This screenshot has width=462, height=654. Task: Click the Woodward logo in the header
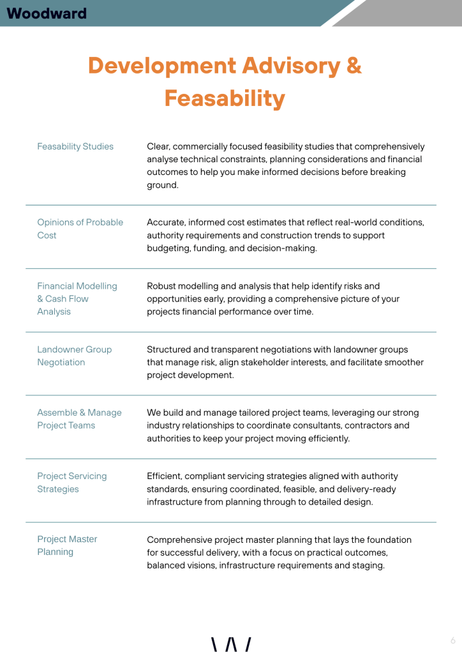pos(47,13)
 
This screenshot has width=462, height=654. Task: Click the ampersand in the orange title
pos(354,66)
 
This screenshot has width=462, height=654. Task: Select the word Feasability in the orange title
pos(224,98)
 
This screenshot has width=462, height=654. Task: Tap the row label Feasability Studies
pos(75,146)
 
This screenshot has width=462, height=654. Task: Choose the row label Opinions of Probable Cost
pos(80,229)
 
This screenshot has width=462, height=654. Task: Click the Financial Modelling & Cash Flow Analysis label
pos(77,298)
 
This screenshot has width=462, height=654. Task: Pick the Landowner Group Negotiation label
pos(74,356)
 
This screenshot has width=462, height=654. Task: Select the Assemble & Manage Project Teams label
pos(79,419)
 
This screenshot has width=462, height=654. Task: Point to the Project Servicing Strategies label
pos(71,482)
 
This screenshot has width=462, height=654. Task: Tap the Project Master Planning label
pos(67,545)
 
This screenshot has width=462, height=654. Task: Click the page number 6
pos(452,641)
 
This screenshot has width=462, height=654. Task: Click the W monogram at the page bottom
pos(231,644)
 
